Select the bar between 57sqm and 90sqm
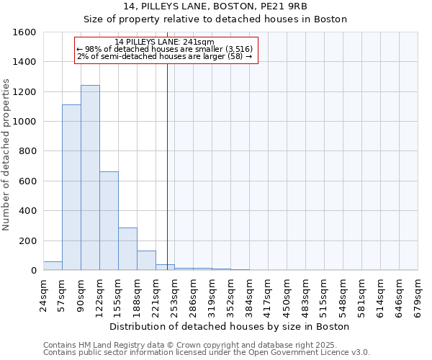[71, 187]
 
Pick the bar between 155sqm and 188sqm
[127, 249]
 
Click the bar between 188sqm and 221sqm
[146, 261]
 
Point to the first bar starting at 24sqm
[53, 266]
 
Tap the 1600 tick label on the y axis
[24, 32]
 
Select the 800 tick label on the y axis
[27, 151]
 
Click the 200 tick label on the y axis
[27, 240]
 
